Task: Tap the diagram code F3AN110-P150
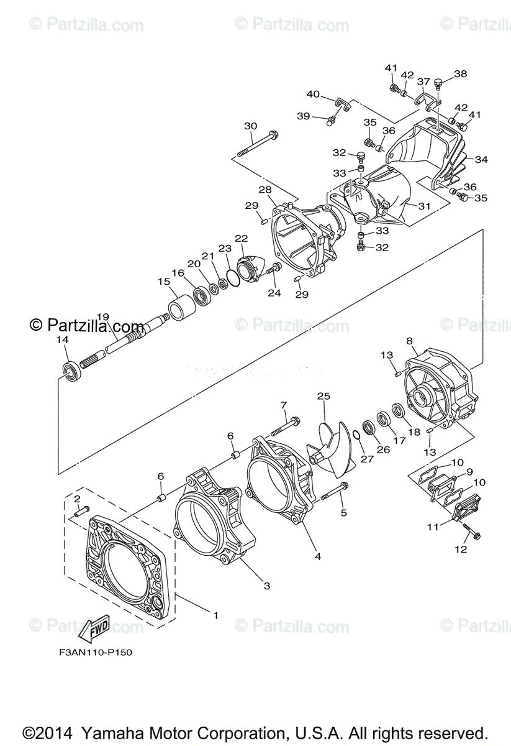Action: pyautogui.click(x=93, y=653)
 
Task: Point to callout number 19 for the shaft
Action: pyautogui.click(x=103, y=317)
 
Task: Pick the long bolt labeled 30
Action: pyautogui.click(x=256, y=144)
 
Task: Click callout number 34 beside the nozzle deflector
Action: pyautogui.click(x=481, y=160)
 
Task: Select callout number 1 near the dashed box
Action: pyautogui.click(x=215, y=615)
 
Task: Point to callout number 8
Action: pyautogui.click(x=410, y=341)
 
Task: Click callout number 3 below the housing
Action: pyautogui.click(x=266, y=585)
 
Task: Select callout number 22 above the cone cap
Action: pyautogui.click(x=242, y=238)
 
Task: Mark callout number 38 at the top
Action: pyautogui.click(x=460, y=74)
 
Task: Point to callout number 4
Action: pyautogui.click(x=317, y=556)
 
